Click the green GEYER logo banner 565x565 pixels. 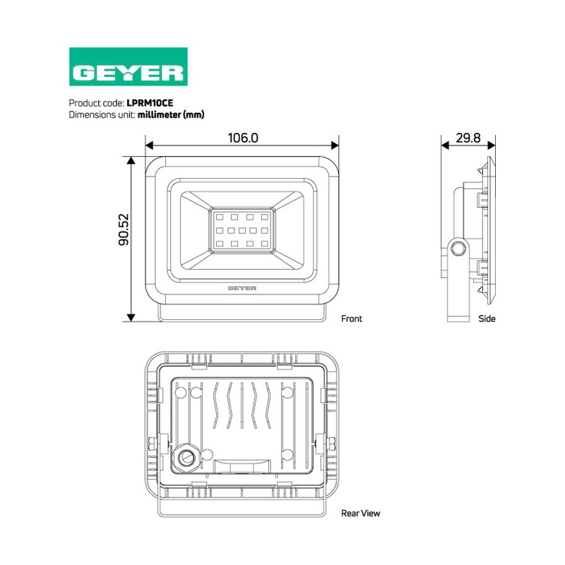129,66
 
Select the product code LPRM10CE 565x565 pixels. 150,103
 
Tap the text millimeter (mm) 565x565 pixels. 171,114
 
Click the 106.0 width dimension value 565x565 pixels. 243,138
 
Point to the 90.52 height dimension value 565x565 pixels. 124,230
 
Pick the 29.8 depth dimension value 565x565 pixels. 468,138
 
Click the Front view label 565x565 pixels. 351,319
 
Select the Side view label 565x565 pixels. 487,319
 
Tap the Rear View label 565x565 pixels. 360,513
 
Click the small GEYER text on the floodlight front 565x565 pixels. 242,288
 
